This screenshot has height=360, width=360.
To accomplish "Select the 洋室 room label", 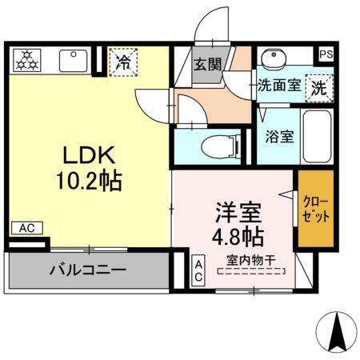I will [x=237, y=212].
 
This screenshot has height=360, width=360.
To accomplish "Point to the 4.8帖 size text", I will [x=238, y=237].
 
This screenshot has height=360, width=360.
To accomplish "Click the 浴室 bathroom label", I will [x=279, y=135].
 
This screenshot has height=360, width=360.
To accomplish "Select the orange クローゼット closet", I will [x=316, y=208].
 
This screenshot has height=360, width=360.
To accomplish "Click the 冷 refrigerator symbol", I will [x=124, y=61].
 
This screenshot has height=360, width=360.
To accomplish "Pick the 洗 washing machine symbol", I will [x=318, y=86].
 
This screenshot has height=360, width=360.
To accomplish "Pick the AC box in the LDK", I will [x=26, y=228].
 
